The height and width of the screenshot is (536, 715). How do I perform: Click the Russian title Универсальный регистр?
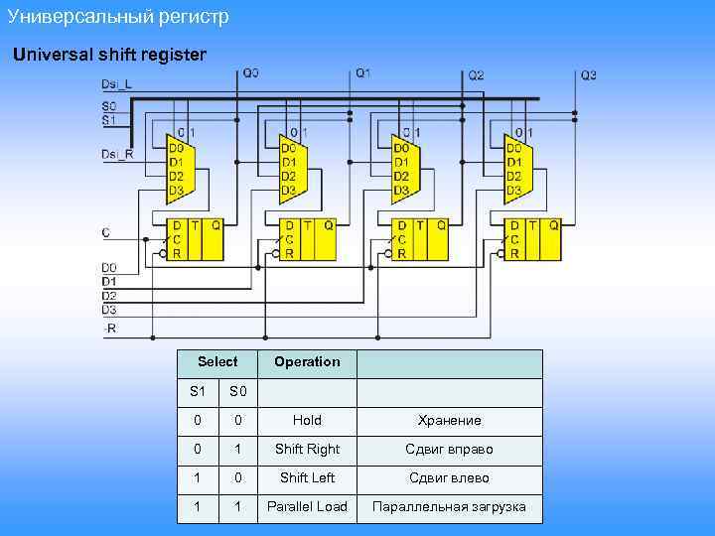(x=117, y=17)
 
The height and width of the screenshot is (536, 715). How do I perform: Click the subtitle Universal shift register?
(x=109, y=55)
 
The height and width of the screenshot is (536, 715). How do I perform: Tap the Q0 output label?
(x=250, y=73)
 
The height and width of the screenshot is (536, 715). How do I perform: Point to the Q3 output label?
(x=589, y=74)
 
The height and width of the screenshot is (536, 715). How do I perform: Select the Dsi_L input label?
(x=116, y=84)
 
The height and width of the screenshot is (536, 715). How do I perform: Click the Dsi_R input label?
(x=116, y=154)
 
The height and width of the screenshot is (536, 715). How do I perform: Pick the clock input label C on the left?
(x=106, y=232)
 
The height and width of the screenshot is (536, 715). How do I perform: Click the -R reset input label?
(x=109, y=328)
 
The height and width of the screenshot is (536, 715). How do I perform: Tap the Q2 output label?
(x=477, y=74)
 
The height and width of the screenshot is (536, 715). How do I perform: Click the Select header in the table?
(x=217, y=362)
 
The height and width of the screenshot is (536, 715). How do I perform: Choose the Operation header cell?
(x=307, y=362)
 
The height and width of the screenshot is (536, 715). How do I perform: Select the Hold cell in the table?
(x=307, y=420)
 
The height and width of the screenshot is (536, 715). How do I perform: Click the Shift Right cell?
(x=307, y=449)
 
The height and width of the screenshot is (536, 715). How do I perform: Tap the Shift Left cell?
(x=307, y=477)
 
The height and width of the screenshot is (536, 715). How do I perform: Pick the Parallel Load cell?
(x=307, y=507)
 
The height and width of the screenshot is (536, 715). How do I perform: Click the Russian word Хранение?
(x=449, y=421)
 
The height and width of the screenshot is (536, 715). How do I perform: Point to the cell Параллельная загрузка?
(x=449, y=507)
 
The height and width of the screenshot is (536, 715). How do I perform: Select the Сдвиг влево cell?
(x=449, y=477)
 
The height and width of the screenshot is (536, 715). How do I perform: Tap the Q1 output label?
(x=363, y=73)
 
